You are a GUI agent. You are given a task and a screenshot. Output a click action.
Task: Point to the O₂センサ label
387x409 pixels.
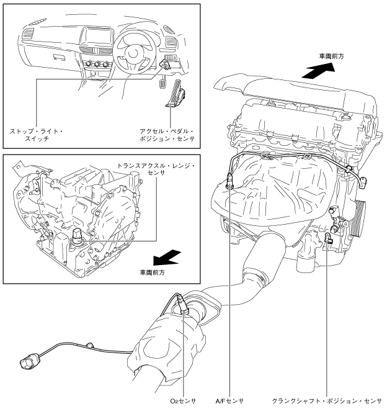(183, 401)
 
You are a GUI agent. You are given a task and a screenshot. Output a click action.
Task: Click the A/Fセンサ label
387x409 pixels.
(229, 401)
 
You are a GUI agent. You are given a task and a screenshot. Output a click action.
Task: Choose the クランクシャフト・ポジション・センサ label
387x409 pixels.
(327, 401)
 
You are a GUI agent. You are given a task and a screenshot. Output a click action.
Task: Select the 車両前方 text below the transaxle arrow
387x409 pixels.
(153, 271)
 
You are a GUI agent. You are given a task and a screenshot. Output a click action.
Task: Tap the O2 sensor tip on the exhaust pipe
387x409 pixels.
(182, 305)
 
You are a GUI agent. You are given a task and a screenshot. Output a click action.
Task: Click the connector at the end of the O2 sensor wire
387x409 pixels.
(29, 361)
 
